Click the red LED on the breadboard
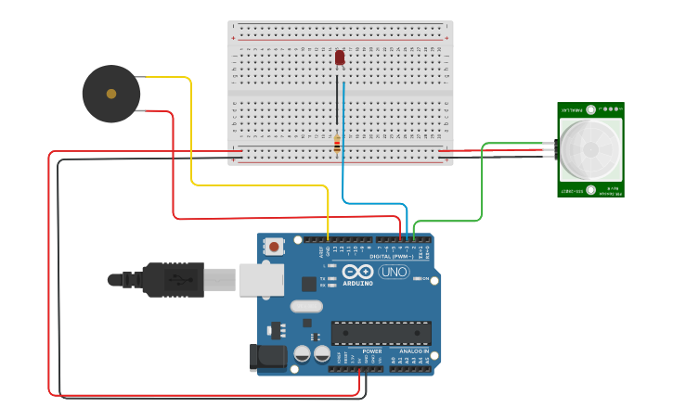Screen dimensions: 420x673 [x=340, y=57]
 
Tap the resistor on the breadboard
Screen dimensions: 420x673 [x=336, y=142]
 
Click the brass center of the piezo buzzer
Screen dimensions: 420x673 [x=111, y=94]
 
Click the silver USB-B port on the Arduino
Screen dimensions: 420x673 [x=261, y=279]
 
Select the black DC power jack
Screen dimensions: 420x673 [x=267, y=358]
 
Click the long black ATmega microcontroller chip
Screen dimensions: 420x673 [x=382, y=333]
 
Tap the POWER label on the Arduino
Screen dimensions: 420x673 [x=372, y=352]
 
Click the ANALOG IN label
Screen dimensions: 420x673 [x=414, y=352]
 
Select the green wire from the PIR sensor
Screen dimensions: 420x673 [x=482, y=185]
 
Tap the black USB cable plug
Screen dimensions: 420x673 [x=172, y=278]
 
